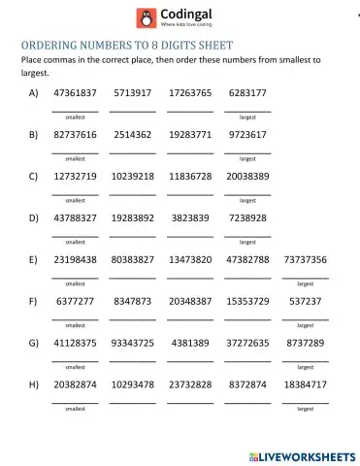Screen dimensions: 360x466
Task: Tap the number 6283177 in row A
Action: [247, 93]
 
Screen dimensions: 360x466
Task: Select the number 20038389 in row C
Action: [247, 177]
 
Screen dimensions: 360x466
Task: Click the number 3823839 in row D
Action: [189, 218]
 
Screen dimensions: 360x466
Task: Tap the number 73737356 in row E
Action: [305, 260]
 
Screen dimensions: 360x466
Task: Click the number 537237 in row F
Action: [305, 302]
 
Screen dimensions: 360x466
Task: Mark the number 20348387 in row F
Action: [189, 302]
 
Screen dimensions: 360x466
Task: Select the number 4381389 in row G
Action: [189, 344]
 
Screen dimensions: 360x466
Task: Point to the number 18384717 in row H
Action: [305, 385]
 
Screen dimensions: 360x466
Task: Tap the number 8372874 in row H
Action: [247, 385]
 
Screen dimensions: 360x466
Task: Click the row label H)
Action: [34, 385]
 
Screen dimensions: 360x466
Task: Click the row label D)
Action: [34, 218]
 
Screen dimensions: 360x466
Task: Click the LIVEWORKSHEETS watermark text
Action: [309, 455]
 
